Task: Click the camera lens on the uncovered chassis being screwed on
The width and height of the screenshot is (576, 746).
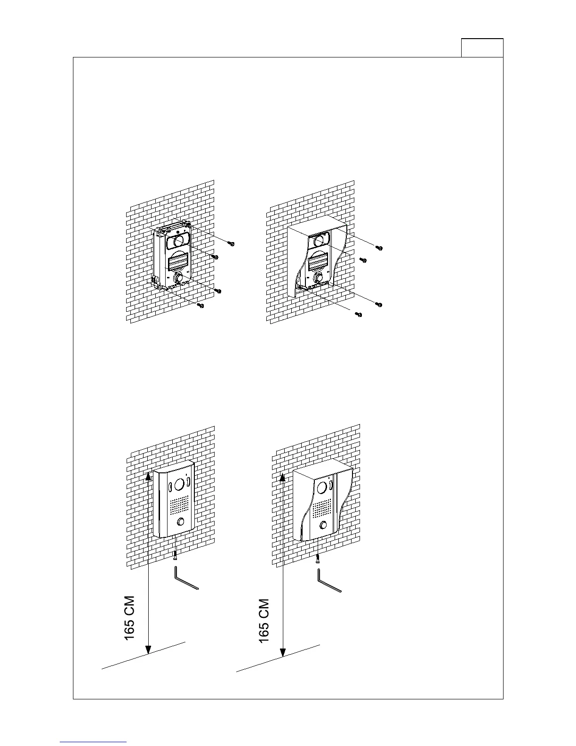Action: (x=178, y=241)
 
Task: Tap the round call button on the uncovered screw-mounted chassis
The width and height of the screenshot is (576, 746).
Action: (x=178, y=278)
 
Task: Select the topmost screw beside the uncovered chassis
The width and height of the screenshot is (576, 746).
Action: (x=231, y=243)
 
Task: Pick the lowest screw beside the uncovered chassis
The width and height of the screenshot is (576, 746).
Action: (x=201, y=306)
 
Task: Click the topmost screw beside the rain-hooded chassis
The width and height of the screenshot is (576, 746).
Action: (x=379, y=247)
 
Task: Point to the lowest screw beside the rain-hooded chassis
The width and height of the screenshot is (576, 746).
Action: (x=359, y=314)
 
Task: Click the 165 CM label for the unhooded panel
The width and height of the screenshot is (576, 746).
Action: (x=129, y=618)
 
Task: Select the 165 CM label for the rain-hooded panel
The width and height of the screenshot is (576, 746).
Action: (x=264, y=621)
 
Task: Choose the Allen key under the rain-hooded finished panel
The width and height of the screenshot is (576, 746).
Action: (x=328, y=581)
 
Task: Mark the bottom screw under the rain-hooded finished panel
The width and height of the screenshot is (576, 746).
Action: (x=319, y=559)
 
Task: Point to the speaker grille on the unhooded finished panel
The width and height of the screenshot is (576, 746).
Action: (x=179, y=505)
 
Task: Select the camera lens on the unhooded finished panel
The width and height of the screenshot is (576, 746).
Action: (x=179, y=484)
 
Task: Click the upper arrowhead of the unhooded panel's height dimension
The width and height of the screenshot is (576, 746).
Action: (x=149, y=475)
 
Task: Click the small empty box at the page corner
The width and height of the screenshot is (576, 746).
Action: (x=482, y=48)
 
